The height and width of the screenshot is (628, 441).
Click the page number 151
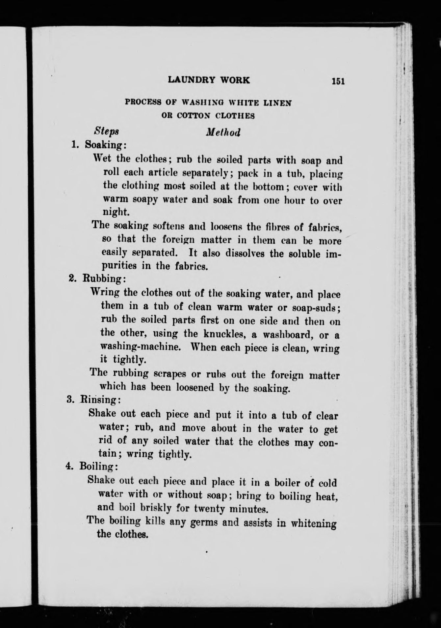click(338, 81)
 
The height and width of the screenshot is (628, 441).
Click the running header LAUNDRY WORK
click(209, 80)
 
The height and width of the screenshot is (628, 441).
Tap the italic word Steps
click(106, 131)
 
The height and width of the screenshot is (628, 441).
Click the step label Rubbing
click(103, 278)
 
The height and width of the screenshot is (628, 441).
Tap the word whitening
click(314, 523)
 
